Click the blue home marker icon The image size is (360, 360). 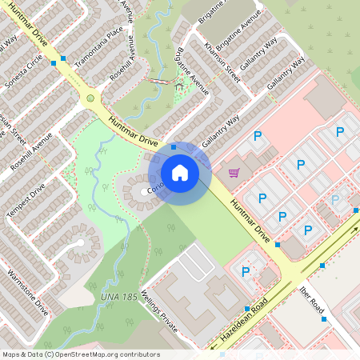[x=180, y=172]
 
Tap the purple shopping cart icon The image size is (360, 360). [x=234, y=172]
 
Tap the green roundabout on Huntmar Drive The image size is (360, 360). [x=88, y=99]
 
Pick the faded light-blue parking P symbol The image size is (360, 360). [x=335, y=199]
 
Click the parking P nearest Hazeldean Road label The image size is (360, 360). [x=246, y=271]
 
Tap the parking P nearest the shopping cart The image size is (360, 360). [x=258, y=138]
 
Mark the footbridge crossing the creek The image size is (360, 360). [x=159, y=82]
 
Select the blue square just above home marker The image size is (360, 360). [x=173, y=148]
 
